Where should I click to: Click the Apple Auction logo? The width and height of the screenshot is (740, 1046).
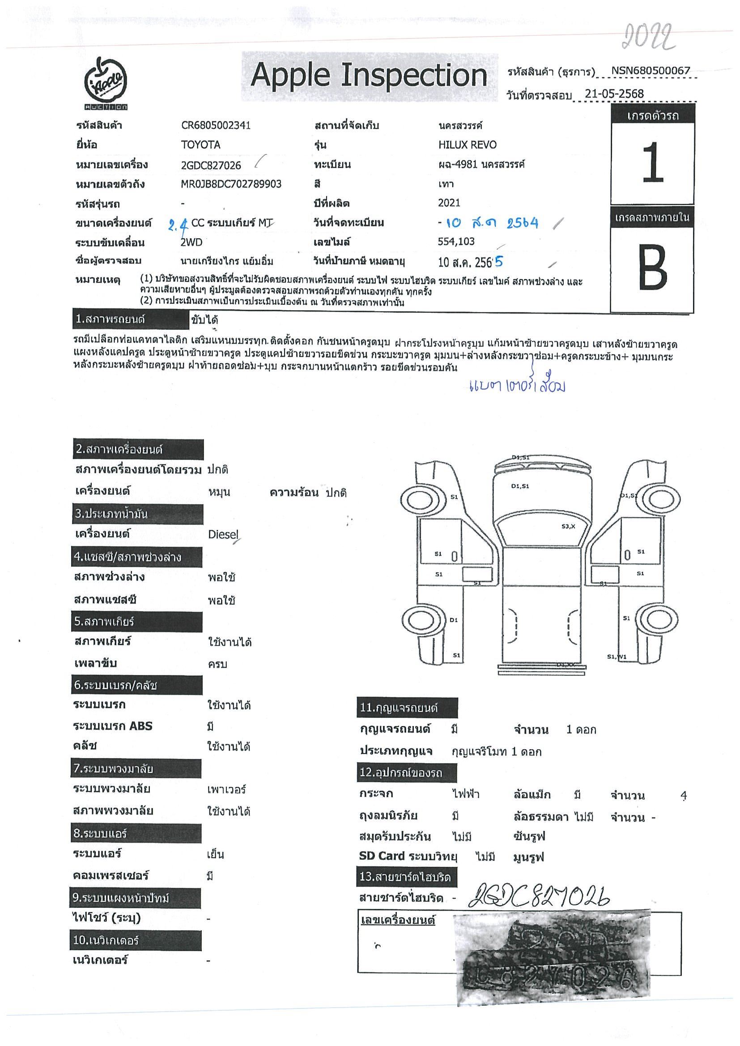105,84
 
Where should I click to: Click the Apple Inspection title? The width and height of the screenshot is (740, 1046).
368,75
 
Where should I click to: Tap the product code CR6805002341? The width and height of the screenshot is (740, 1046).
216,126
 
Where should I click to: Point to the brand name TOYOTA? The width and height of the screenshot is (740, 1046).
200,145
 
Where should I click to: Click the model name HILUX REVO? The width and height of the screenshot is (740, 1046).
468,145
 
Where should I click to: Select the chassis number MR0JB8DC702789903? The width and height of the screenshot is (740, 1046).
231,184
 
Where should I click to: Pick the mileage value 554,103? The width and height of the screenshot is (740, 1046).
456,242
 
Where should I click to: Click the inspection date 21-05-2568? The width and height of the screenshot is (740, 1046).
614,94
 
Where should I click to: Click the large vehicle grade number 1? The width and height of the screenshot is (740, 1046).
652,163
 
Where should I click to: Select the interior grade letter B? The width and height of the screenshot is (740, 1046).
652,267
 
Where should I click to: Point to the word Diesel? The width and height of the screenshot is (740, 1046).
223,534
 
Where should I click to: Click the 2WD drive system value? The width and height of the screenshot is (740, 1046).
191,242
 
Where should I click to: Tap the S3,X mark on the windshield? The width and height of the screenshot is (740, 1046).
568,527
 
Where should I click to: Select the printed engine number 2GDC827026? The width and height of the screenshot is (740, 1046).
211,165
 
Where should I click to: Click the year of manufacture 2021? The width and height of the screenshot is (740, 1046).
449,203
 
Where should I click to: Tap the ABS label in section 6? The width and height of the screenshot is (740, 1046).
140,726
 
